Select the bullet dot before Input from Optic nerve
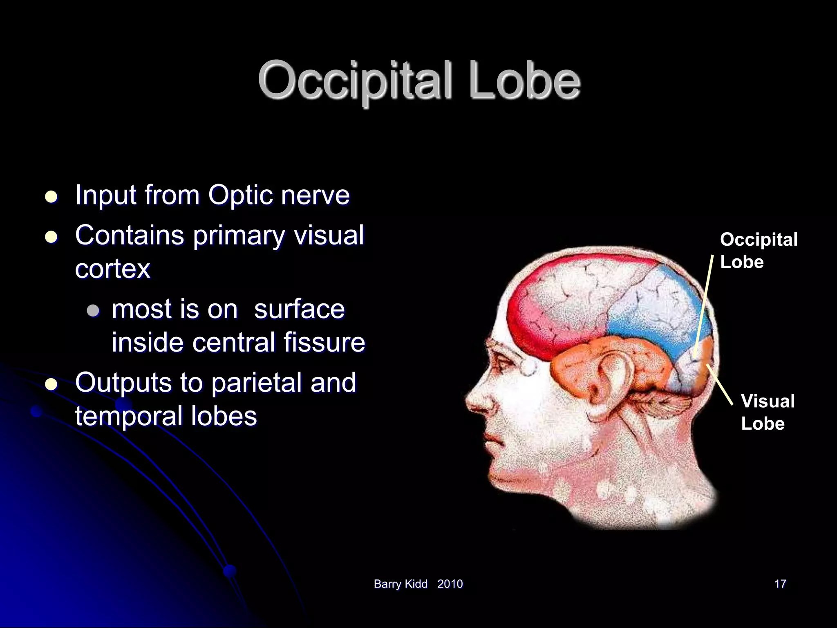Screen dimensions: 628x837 (x=51, y=197)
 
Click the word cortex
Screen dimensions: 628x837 (x=113, y=269)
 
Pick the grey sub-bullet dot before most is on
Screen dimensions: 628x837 (x=94, y=310)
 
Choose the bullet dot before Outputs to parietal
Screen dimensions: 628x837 (x=51, y=384)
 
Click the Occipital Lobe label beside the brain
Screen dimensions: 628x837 (x=758, y=251)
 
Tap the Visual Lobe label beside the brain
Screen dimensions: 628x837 (x=767, y=412)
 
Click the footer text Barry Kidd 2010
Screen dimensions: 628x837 (x=418, y=584)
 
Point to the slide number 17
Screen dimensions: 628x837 (x=780, y=584)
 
